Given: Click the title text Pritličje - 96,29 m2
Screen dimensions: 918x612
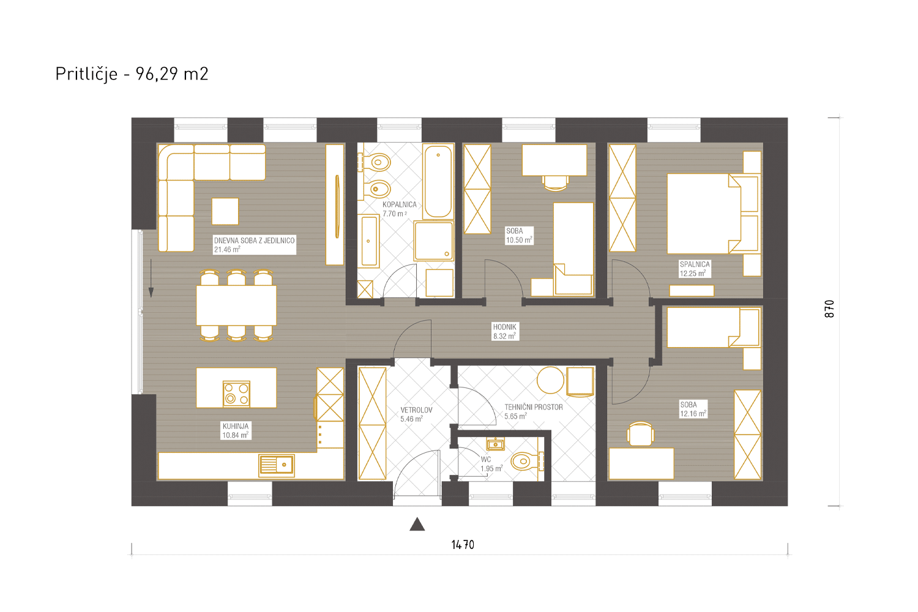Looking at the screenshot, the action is coord(132,74).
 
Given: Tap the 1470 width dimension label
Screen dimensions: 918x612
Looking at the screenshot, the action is coord(463,545).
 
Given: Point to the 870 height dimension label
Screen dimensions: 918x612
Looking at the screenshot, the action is coord(829,308).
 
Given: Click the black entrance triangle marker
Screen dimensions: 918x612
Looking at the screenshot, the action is coord(417,524).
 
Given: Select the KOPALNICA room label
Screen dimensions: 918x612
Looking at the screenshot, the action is coord(400,204).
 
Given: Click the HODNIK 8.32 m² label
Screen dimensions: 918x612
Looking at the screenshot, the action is coord(504,332).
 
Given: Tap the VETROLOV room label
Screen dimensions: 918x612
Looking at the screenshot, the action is coord(416,410).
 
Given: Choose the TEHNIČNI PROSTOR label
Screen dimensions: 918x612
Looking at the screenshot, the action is coord(534,407).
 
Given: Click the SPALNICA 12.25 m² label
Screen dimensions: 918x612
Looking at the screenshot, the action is coord(695,269).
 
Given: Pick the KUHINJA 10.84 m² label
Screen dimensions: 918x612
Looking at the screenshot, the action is coord(236,431).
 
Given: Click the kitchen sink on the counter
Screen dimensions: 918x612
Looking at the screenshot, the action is coord(277,465).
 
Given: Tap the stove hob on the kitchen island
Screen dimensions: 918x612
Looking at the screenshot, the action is coord(236,394).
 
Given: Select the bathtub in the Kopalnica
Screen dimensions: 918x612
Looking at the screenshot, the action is coord(438,181).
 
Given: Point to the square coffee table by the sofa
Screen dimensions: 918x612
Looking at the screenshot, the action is coord(225,211).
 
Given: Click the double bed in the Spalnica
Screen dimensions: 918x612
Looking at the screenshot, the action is coord(713,214).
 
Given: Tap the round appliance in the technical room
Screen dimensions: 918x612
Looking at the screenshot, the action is coord(550,380).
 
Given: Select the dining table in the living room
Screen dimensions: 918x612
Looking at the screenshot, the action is coord(236,305).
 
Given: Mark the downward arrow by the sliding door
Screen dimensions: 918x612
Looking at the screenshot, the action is coord(151,278).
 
